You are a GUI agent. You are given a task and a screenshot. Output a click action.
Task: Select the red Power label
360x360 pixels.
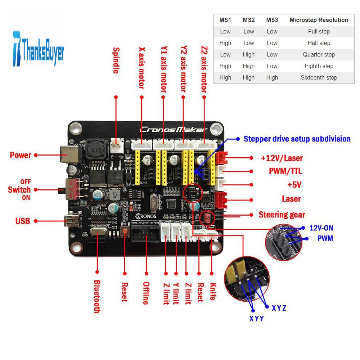[x=21, y=155]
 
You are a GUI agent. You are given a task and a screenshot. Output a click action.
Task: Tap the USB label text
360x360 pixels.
[x=22, y=221]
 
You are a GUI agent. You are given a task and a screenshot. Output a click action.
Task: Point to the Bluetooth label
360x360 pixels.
[x=97, y=296]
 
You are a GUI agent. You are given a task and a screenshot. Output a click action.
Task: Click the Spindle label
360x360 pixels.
[x=116, y=60]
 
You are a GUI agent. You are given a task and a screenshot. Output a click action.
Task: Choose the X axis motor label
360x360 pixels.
[x=141, y=68]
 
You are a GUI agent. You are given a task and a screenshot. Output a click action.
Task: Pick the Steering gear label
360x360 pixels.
[x=282, y=215]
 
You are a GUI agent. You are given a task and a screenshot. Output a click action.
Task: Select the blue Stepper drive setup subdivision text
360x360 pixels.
[x=297, y=139]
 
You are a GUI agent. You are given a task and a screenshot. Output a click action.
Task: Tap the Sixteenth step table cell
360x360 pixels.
[x=319, y=77]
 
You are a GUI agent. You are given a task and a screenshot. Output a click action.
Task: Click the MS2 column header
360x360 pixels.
[x=248, y=20]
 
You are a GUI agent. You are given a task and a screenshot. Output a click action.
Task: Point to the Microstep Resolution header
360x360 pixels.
[x=319, y=20]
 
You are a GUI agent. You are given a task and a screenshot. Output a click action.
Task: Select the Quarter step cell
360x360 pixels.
[x=319, y=54]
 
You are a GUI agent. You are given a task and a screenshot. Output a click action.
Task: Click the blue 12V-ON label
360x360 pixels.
[x=321, y=228]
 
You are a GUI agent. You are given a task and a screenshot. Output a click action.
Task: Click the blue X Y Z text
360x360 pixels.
[x=279, y=308]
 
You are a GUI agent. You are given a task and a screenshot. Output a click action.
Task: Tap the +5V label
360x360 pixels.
[x=294, y=185]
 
